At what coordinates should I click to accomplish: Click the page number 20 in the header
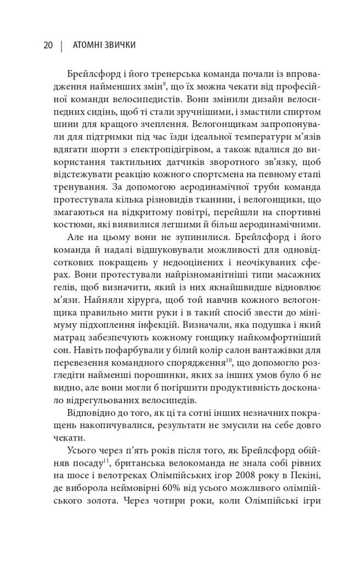(47, 46)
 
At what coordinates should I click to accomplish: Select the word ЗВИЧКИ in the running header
(122, 46)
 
